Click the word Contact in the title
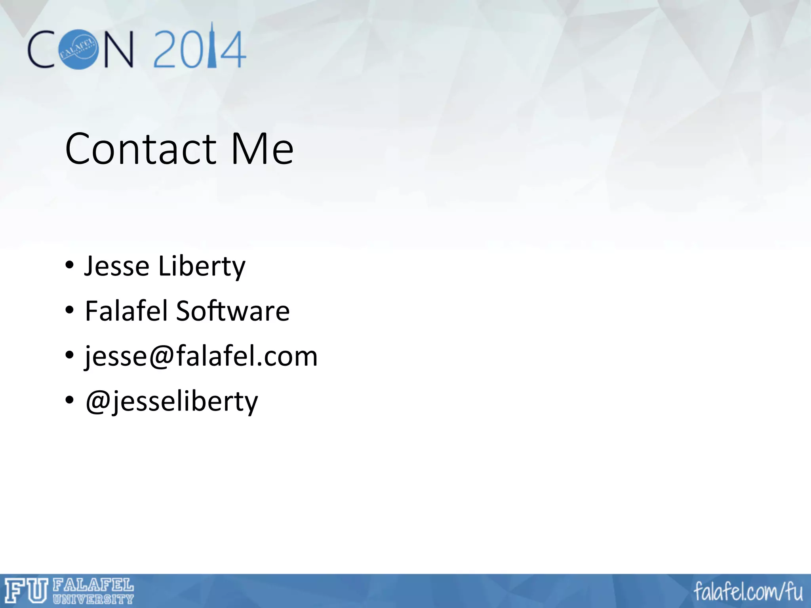[141, 149]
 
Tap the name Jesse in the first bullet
[117, 266]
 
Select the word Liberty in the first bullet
[202, 267]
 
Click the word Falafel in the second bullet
[127, 311]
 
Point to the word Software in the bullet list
[233, 311]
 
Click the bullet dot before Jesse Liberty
[70, 265]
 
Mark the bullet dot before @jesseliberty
[70, 400]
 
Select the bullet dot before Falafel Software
[70, 310]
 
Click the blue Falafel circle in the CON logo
[78, 49]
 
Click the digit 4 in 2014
[233, 51]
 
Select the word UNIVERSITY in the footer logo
[93, 599]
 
